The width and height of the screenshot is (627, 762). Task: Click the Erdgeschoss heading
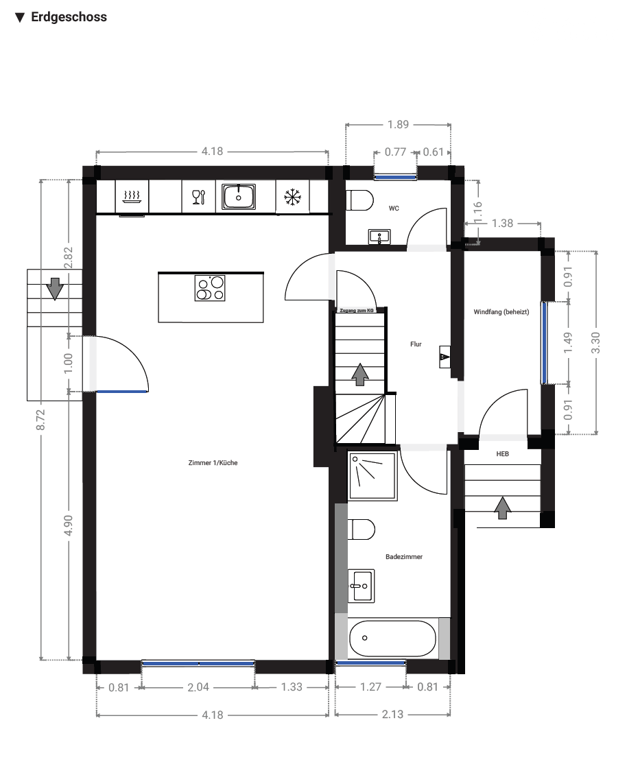69,17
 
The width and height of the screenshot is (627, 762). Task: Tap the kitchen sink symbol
239,197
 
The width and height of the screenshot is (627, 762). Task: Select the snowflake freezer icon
293,197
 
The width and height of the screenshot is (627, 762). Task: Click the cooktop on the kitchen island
210,288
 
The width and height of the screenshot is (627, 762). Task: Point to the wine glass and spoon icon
199,197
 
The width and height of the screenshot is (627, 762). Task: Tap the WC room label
394,209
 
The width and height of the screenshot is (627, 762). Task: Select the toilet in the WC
360,200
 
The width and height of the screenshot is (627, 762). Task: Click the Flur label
416,344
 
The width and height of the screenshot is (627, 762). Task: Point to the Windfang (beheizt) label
501,312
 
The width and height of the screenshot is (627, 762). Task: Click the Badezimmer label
404,557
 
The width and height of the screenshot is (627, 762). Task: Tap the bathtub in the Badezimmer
392,638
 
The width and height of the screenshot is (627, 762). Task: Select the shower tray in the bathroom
372,476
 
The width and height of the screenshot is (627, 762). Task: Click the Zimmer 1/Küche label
213,463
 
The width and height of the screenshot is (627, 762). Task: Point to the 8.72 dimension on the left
41,419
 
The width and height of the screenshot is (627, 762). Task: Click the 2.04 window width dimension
198,687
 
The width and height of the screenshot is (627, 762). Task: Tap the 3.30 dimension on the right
595,343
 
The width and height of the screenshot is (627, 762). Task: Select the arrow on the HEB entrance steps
503,508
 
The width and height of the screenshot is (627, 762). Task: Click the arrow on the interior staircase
359,374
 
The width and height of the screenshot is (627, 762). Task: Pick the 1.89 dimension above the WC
398,124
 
